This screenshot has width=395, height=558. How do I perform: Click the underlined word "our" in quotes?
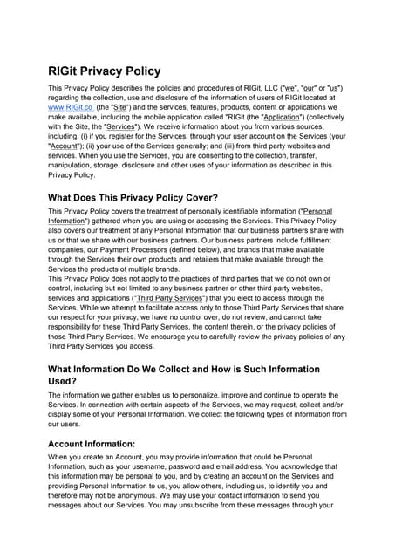tap(307, 89)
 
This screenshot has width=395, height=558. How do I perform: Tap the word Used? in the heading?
tap(70, 381)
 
